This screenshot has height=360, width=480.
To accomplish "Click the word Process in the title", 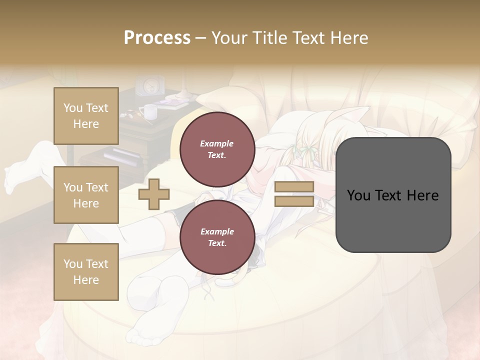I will [x=157, y=38].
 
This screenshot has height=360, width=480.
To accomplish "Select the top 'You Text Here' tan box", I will [x=86, y=116].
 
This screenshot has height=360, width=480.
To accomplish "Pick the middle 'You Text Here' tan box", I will [x=86, y=195].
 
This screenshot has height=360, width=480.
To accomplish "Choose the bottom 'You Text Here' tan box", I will [x=86, y=271].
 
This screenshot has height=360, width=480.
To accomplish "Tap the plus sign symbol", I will [x=153, y=194].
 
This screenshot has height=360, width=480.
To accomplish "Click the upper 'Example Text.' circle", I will [x=217, y=149].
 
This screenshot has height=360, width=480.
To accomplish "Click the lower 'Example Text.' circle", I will [x=217, y=237].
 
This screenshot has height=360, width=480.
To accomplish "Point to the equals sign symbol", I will [x=294, y=194].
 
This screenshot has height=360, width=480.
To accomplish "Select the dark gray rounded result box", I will [x=393, y=195].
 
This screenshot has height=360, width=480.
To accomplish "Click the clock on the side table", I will [x=150, y=85].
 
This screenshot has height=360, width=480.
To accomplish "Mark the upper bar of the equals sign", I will [x=294, y=187].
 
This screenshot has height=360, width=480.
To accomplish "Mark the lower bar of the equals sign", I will [x=294, y=201].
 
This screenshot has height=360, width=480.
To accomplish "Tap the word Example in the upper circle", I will [x=217, y=143].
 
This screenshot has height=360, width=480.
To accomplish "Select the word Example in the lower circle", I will [x=217, y=231].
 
